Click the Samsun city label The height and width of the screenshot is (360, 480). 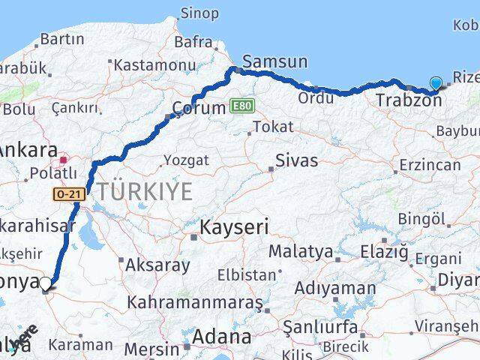click(274, 63)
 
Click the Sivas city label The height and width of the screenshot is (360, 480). click(296, 160)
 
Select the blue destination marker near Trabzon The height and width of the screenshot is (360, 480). click(436, 84)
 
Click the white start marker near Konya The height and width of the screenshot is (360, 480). click(46, 284)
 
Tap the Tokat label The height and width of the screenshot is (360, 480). click(272, 127)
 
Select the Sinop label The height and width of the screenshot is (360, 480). click(200, 13)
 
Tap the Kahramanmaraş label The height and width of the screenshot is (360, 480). click(195, 302)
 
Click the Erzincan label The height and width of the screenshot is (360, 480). click(430, 164)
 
